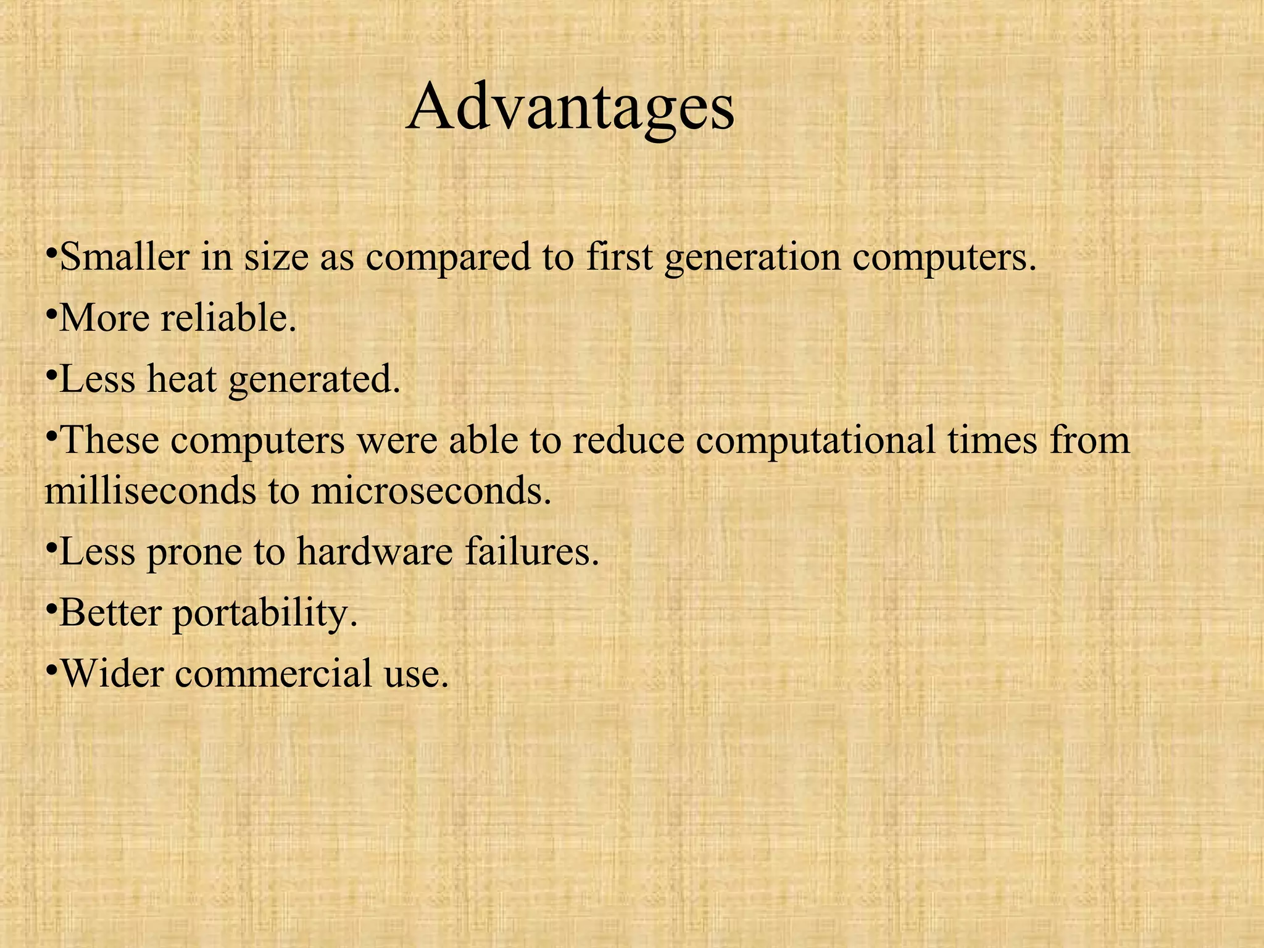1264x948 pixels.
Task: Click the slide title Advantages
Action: [x=570, y=108]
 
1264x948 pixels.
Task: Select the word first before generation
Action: [x=619, y=256]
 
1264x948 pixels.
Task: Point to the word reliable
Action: [x=228, y=318]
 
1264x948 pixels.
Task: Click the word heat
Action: [x=181, y=378]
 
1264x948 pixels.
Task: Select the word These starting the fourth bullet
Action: [x=110, y=440]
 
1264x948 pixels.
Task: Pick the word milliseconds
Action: [x=141, y=491]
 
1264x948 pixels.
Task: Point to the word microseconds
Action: [x=430, y=491]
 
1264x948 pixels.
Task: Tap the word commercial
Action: [x=273, y=673]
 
